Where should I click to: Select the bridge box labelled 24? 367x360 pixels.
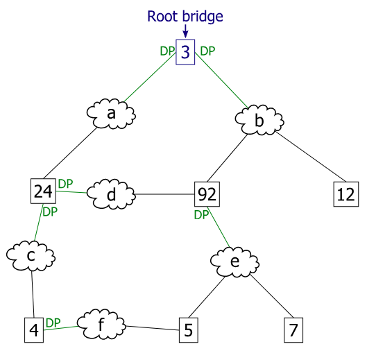click(x=43, y=192)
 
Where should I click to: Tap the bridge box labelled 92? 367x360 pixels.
click(x=207, y=194)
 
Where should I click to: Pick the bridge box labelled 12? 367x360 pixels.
click(x=345, y=194)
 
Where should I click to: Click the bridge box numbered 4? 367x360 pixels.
click(x=33, y=330)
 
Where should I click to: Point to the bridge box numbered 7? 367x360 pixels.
click(x=293, y=330)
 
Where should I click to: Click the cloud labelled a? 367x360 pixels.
click(x=111, y=113)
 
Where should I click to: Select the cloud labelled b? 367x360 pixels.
click(x=259, y=121)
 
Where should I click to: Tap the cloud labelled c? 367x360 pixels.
click(x=31, y=257)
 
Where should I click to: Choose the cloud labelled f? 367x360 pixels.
click(x=101, y=323)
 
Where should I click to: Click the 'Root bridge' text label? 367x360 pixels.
click(x=185, y=15)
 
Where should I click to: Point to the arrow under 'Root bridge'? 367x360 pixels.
click(x=185, y=31)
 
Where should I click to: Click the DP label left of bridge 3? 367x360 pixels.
click(x=167, y=51)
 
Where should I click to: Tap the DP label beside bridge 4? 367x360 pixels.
click(x=53, y=323)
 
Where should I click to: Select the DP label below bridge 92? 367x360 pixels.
click(x=201, y=215)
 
